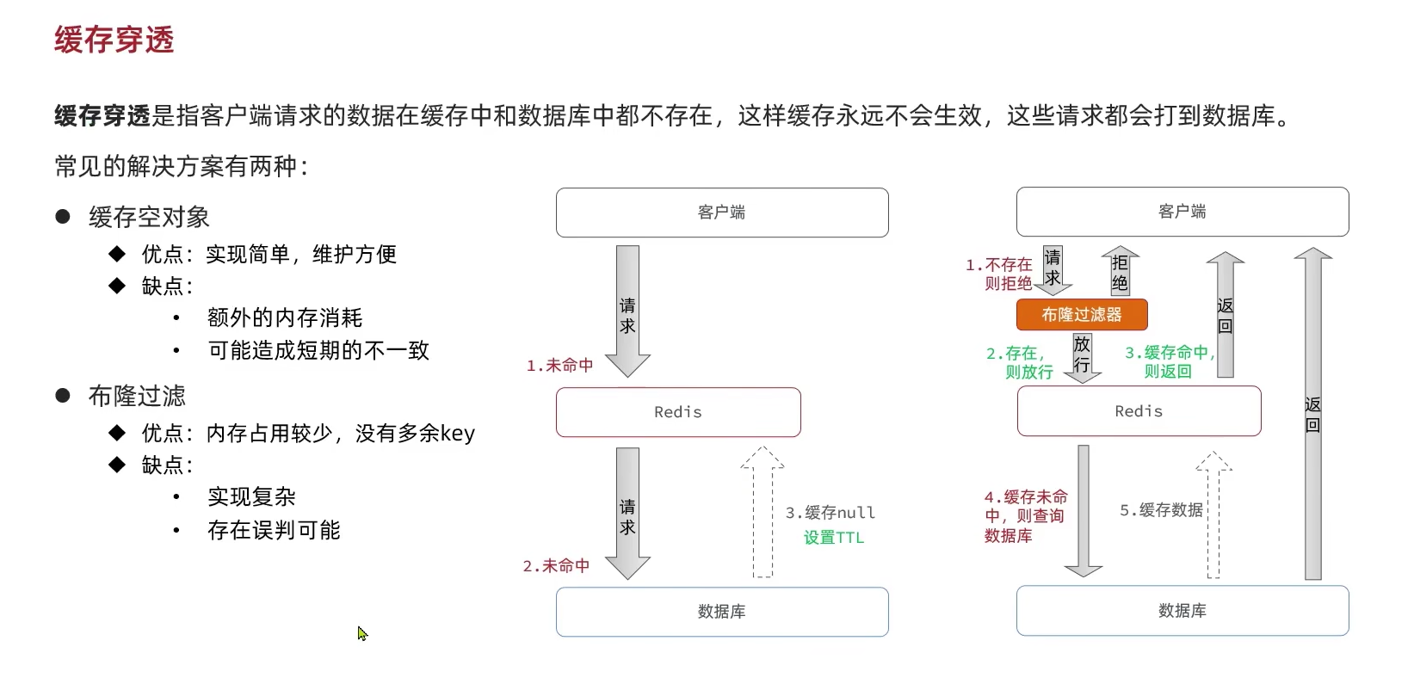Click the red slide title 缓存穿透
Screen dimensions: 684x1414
coord(114,40)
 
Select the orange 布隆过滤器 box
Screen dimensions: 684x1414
coord(1082,315)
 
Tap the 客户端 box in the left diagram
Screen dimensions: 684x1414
coord(722,213)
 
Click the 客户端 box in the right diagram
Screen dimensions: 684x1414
coord(1182,212)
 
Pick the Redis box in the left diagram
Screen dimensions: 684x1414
coord(678,412)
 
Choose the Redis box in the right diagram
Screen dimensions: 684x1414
coord(1139,411)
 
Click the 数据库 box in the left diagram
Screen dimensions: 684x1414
coord(722,612)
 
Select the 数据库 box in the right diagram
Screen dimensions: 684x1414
coord(1182,611)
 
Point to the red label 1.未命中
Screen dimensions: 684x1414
coord(560,366)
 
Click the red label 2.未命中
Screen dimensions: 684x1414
coord(557,566)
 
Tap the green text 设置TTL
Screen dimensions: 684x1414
coord(833,538)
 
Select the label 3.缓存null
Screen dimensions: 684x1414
coord(830,513)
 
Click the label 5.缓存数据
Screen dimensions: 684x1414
coord(1161,510)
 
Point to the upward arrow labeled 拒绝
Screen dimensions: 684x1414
coord(1120,272)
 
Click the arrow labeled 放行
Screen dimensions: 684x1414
coord(1082,356)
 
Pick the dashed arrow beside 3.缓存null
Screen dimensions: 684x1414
coord(763,512)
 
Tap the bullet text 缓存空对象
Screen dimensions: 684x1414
coord(149,217)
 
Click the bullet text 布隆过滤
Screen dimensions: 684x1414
coord(137,396)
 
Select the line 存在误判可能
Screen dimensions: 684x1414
coord(274,530)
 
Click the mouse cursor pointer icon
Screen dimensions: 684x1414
coord(362,633)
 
